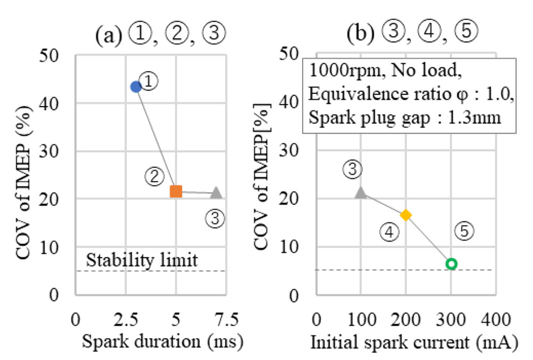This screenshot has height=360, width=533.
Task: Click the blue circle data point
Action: tap(136, 87)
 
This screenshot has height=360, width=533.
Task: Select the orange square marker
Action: tap(176, 191)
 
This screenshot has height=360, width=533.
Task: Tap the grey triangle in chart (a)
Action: tap(216, 193)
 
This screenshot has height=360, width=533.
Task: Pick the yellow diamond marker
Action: tap(406, 215)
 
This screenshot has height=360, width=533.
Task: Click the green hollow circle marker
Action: tap(451, 263)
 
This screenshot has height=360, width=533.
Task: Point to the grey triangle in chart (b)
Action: tap(361, 193)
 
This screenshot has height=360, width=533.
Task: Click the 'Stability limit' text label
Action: tap(142, 260)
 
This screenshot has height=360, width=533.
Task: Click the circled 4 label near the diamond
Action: tap(390, 231)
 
